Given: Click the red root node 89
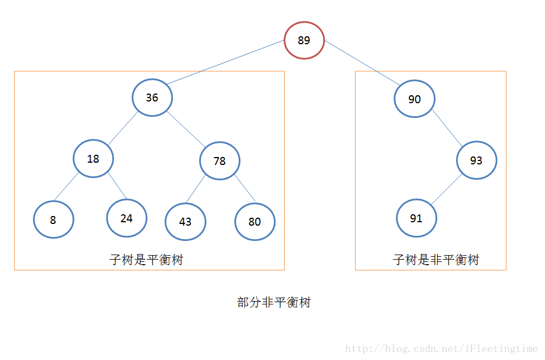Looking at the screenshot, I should [x=304, y=40].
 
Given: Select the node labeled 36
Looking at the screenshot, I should [x=152, y=98].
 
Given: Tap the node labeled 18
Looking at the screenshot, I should [x=93, y=159].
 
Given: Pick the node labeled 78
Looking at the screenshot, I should [x=219, y=161].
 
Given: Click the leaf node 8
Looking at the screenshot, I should [x=53, y=220].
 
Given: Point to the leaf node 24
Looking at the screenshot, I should [x=126, y=218].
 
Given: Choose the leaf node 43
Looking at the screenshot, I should [x=185, y=222].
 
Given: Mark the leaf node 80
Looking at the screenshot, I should [x=255, y=222].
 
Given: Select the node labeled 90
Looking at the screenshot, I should [x=415, y=99].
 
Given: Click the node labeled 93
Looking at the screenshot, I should [x=476, y=160].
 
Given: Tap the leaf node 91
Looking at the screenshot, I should [x=416, y=218].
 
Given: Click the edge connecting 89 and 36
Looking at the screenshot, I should [x=226, y=62].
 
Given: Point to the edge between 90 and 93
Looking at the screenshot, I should [x=446, y=128].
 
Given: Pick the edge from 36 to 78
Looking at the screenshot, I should [x=185, y=128].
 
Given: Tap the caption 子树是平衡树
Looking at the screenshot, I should [x=146, y=260].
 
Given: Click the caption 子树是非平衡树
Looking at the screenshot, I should [x=436, y=260].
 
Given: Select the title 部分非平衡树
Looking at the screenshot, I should [x=274, y=302].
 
